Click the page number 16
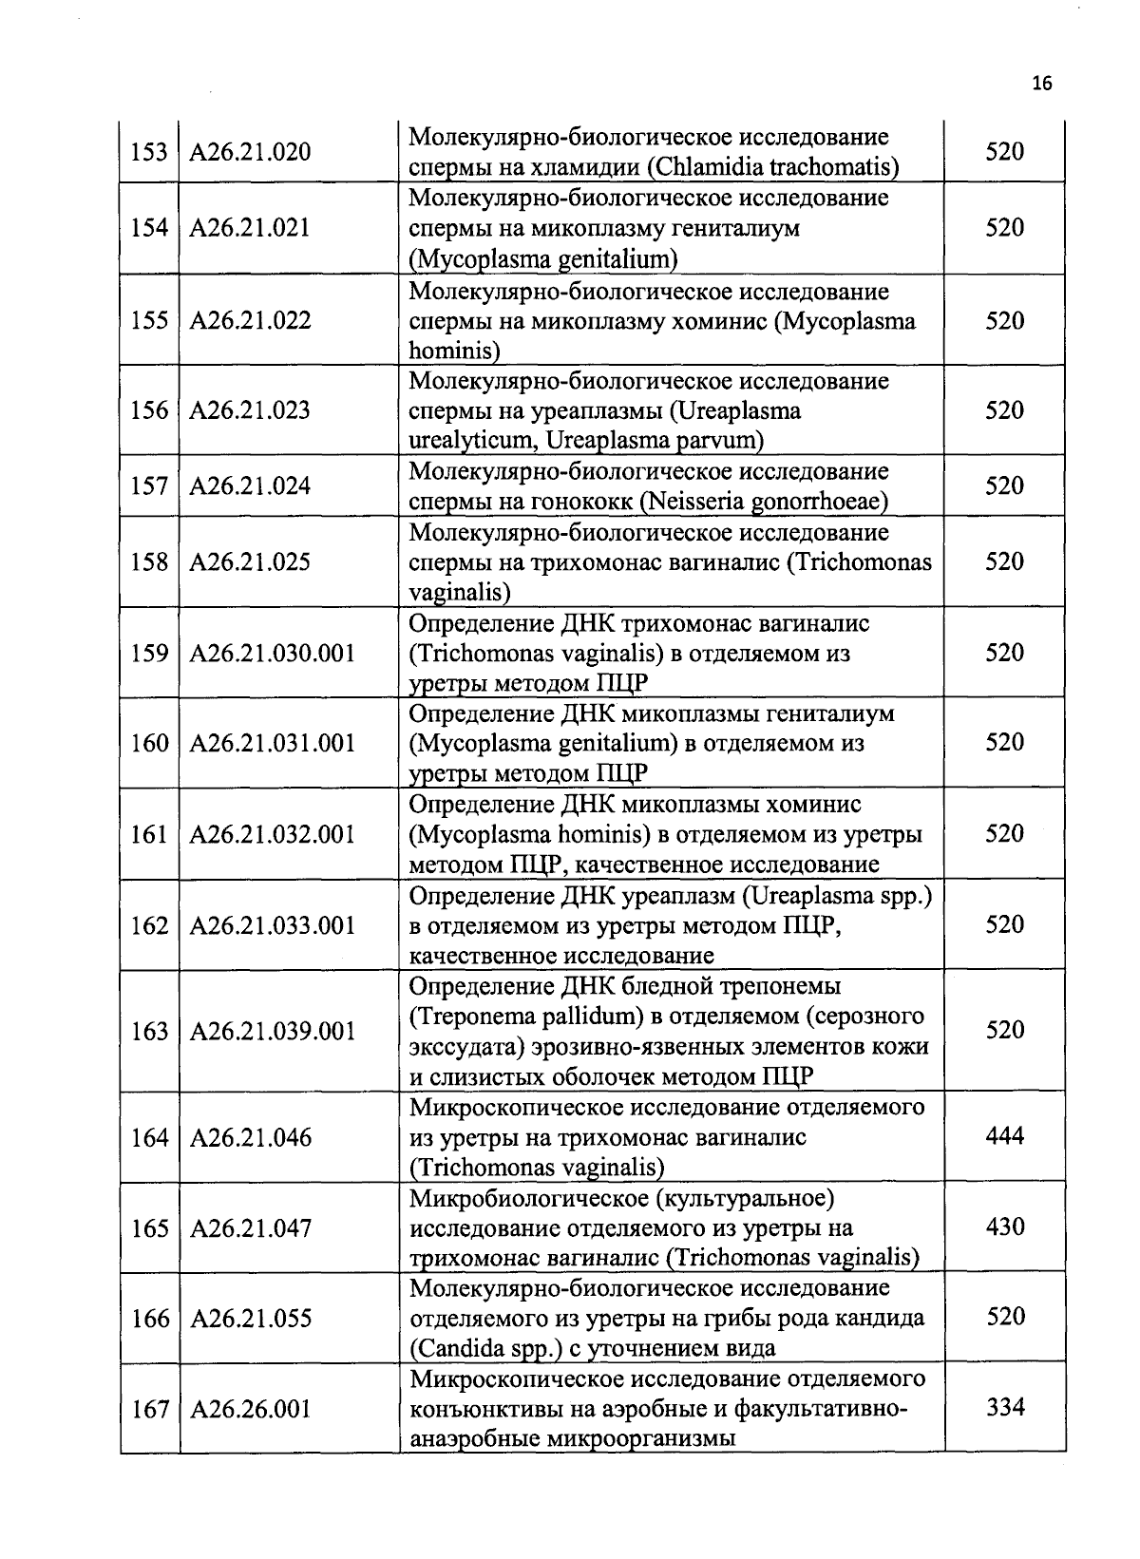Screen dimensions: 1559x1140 coord(1041,84)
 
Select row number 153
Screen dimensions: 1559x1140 coord(149,152)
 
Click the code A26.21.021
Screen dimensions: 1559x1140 coord(251,228)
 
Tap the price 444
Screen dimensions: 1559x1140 coord(1004,1135)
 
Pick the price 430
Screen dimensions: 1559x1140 coord(1004,1226)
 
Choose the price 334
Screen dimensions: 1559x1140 coord(1004,1408)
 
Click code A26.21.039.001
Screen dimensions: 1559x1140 coord(274,1032)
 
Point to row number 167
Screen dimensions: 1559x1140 coord(149,1409)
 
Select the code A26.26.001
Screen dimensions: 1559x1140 coord(251,1409)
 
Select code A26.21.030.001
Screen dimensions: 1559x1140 coord(274,653)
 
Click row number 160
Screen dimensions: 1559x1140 coord(149,743)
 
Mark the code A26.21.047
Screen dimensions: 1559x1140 coord(251,1228)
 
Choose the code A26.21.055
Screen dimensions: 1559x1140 coord(251,1319)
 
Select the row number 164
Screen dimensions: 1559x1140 coord(149,1137)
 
